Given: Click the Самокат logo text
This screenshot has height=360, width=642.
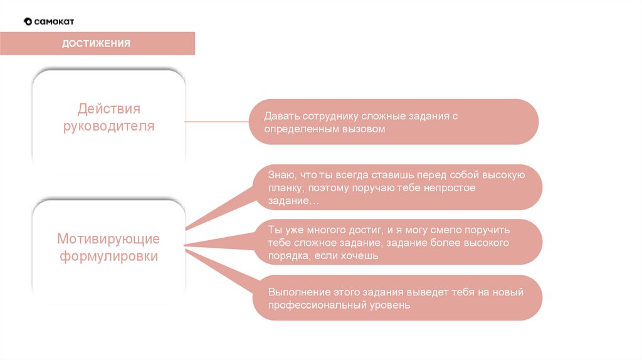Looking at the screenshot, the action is (53, 21).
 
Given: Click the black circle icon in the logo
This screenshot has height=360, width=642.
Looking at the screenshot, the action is (28, 21).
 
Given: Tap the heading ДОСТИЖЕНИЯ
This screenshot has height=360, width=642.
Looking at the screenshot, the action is (96, 43).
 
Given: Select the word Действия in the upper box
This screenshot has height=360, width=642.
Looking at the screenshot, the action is (108, 109).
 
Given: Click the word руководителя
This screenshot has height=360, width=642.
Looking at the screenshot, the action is (108, 126).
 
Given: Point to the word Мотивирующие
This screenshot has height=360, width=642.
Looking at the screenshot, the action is (108, 239).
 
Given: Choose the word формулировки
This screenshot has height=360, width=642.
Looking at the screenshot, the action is (108, 257).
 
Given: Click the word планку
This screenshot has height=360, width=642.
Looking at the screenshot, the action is (284, 188).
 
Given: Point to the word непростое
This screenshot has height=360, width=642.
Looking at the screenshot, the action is (450, 188).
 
